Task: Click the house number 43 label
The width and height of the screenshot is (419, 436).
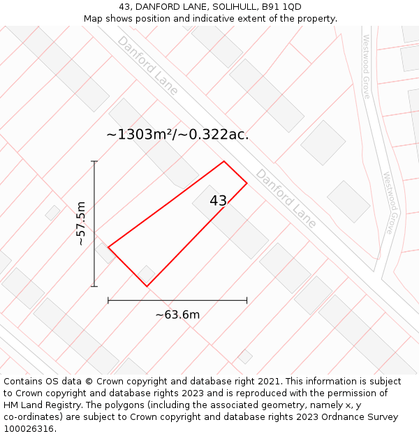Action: click(218, 201)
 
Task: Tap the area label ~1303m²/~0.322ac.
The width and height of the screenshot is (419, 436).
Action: click(177, 135)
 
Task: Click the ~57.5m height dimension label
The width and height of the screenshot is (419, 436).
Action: click(81, 223)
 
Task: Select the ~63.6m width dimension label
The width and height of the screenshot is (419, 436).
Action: click(177, 315)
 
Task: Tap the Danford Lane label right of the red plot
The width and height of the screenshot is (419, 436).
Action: click(286, 197)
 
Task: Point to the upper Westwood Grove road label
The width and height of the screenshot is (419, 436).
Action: click(365, 66)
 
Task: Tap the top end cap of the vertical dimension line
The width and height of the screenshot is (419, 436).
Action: click(94, 162)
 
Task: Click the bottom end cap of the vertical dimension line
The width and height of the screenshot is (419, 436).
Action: click(94, 286)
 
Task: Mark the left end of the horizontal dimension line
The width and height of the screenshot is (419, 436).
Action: click(108, 300)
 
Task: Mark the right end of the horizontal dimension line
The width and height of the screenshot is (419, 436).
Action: click(247, 300)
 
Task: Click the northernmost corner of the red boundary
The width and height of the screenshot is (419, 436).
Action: click(224, 162)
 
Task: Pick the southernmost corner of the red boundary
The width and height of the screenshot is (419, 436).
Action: click(147, 286)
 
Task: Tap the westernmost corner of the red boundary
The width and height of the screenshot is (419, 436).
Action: click(108, 246)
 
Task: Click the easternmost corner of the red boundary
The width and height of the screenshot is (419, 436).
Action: click(247, 183)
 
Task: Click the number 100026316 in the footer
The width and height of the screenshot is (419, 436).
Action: click(29, 429)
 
